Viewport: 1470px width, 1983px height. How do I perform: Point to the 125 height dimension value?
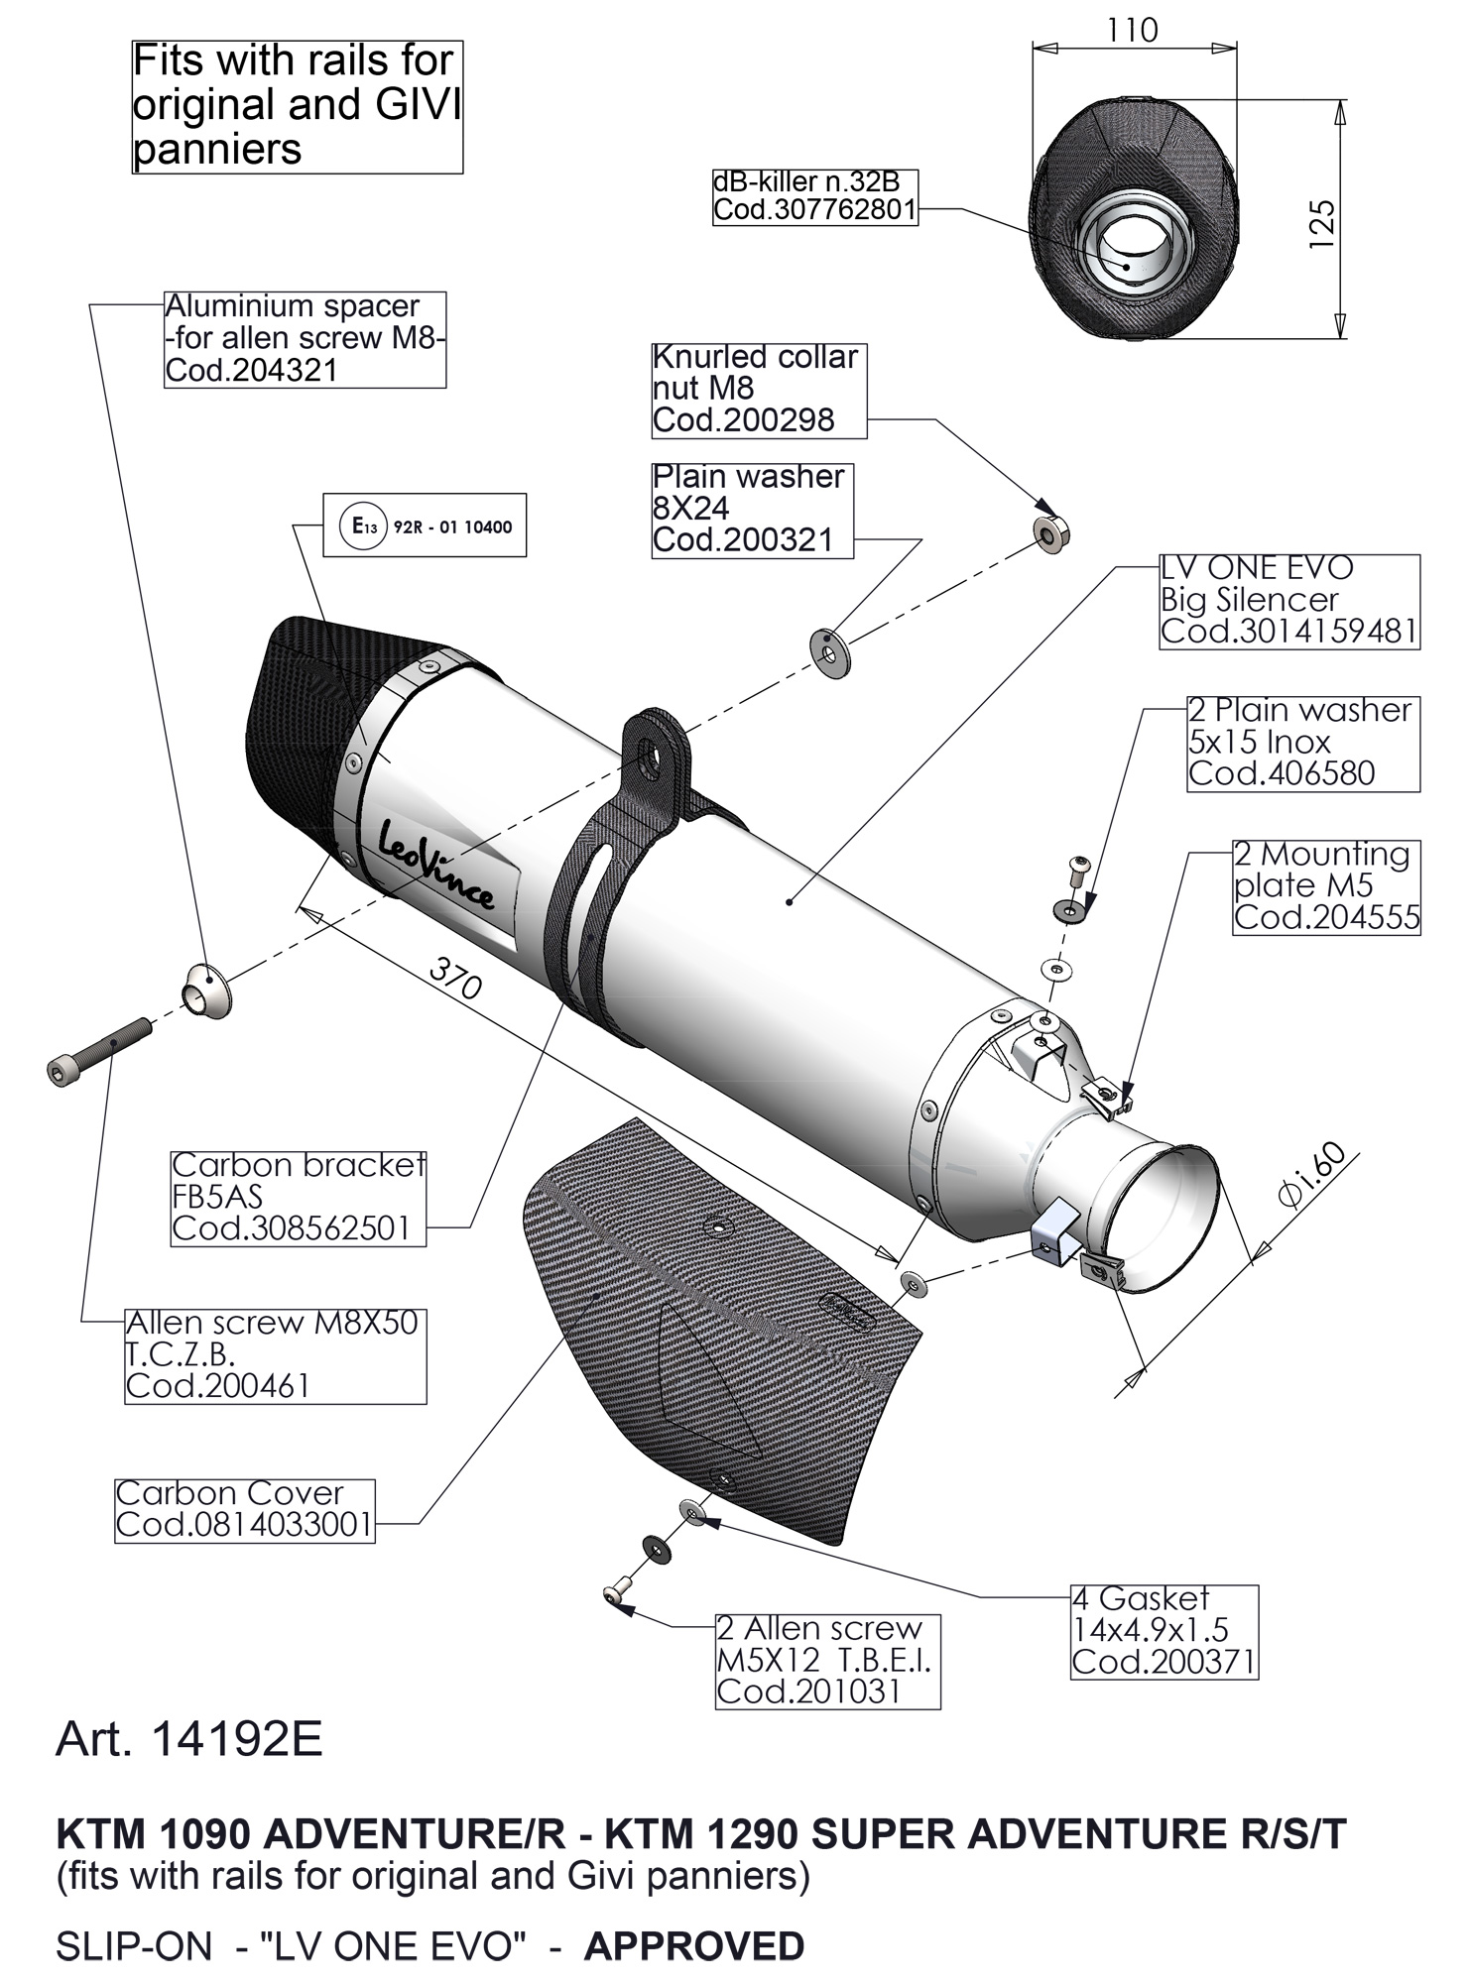click(x=1321, y=224)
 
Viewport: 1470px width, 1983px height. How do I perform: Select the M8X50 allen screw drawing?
click(x=99, y=1050)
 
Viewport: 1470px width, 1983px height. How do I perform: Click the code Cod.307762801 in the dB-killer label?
click(x=814, y=211)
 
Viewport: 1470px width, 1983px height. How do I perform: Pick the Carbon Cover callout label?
click(x=244, y=1510)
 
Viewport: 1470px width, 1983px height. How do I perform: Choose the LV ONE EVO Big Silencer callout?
click(x=1288, y=601)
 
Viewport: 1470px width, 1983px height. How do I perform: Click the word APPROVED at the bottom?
click(x=693, y=1945)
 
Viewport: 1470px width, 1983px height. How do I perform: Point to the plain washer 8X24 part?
click(x=830, y=652)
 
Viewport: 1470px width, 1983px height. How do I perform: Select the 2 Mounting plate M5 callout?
click(x=1325, y=885)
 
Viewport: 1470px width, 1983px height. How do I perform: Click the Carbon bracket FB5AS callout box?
click(x=298, y=1197)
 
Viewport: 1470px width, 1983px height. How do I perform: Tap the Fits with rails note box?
click(x=297, y=106)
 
